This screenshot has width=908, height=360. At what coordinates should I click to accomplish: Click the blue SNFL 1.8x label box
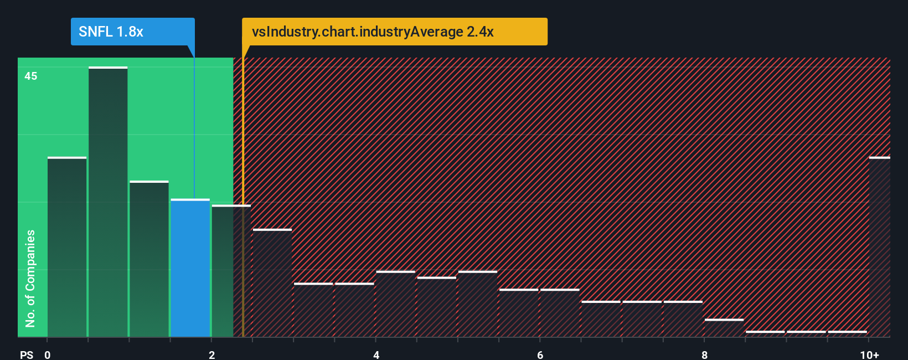132,32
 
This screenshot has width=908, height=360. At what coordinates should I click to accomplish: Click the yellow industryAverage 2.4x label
394,32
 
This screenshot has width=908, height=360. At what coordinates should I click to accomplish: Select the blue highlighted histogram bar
190,268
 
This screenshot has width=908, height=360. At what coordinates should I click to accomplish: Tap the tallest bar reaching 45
108,202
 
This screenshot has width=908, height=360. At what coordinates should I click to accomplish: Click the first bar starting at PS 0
67,247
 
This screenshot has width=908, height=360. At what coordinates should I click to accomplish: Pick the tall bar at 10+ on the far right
879,247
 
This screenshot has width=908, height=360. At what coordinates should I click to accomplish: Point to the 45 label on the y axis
30,76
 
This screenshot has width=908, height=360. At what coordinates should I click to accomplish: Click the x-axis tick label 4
376,354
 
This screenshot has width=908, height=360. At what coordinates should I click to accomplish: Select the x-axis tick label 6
540,354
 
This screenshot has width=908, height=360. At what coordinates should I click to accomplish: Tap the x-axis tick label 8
704,354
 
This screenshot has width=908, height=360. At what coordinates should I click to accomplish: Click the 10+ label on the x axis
869,354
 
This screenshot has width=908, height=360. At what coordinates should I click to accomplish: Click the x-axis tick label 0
48,354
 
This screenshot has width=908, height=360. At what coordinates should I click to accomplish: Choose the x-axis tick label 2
211,354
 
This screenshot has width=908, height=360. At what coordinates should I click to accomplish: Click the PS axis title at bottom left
27,354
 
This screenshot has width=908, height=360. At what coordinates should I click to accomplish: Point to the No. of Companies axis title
30,278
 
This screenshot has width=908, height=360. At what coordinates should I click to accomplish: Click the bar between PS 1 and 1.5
149,259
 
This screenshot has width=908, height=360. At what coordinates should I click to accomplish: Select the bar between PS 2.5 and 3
272,283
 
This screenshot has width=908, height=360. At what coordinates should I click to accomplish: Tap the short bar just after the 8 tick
724,328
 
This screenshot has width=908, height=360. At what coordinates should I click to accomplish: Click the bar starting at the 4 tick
395,304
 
